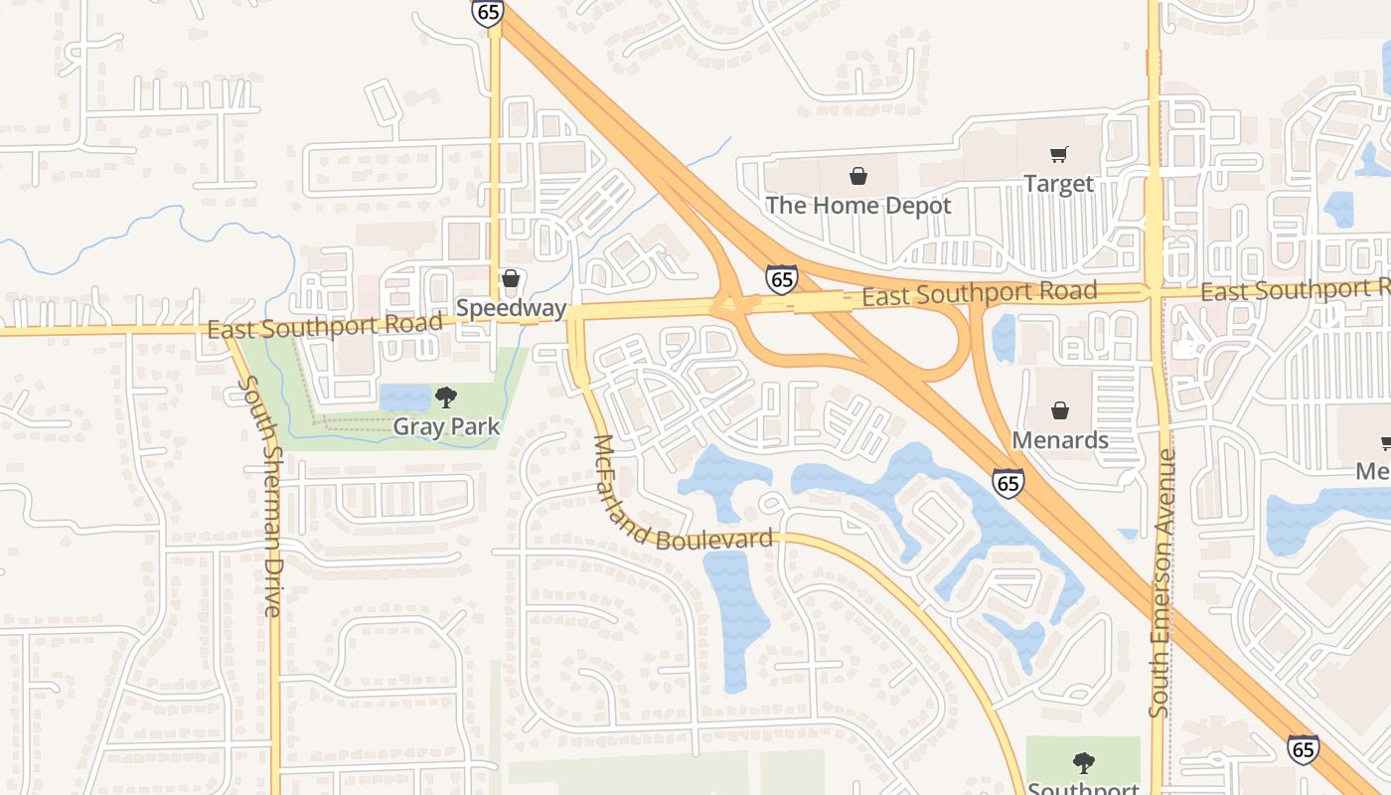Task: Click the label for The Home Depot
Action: click(857, 206)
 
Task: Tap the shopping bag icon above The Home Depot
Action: click(857, 177)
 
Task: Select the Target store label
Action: click(1058, 184)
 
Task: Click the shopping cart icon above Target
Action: click(1058, 154)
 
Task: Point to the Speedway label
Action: click(511, 308)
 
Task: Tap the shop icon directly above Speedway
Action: click(511, 279)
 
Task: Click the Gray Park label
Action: click(446, 426)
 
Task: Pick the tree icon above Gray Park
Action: click(446, 397)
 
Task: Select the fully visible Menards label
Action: click(1060, 439)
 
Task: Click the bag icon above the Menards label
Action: click(1060, 410)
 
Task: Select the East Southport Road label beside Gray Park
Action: click(325, 326)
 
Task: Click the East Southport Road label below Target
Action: click(979, 293)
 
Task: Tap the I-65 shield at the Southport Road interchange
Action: click(782, 279)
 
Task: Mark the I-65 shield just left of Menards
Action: click(1007, 483)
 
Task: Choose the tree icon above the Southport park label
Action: click(1083, 763)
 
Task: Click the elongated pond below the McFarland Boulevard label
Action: click(736, 616)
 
